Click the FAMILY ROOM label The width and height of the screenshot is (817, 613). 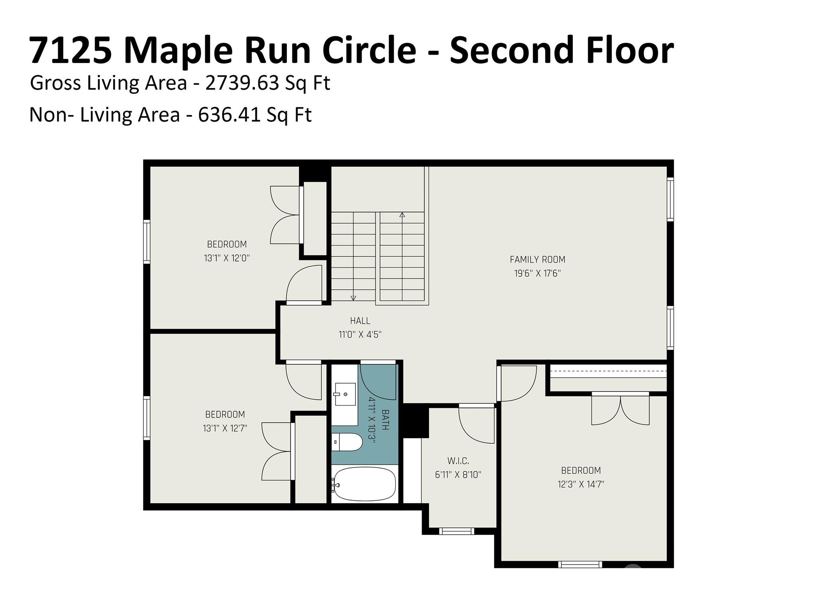tap(537, 260)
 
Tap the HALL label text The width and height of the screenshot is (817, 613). tap(360, 320)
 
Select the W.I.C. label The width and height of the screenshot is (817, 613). tap(458, 461)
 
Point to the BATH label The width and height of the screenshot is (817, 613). tap(385, 419)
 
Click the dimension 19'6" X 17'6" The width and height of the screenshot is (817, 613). tap(537, 273)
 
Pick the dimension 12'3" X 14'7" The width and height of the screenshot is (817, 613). tap(581, 484)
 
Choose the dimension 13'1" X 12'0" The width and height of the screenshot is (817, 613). tap(227, 258)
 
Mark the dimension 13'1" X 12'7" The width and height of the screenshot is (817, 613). tap(225, 428)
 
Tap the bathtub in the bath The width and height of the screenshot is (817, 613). tap(365, 484)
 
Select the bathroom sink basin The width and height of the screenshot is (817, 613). tap(345, 394)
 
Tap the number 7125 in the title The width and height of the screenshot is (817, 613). tap(71, 51)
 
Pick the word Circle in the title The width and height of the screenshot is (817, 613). tap(369, 50)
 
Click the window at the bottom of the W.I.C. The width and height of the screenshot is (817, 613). tap(457, 531)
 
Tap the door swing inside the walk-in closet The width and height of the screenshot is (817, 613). tap(477, 425)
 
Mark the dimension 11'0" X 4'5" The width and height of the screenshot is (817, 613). tap(360, 334)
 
